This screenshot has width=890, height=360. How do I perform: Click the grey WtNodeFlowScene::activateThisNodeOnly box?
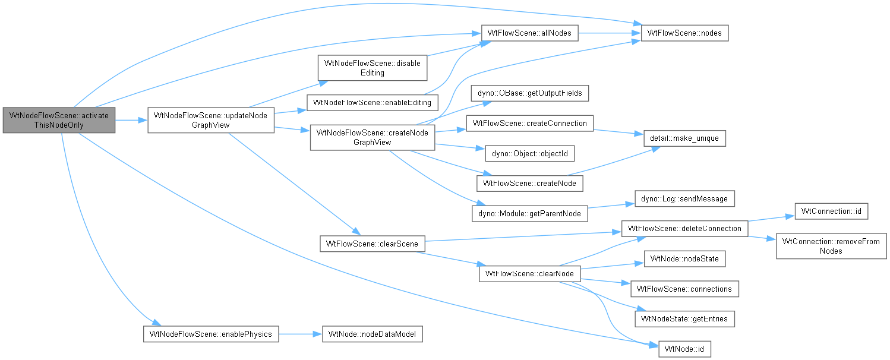[59, 120]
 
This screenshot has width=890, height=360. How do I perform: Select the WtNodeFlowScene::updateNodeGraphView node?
[210, 120]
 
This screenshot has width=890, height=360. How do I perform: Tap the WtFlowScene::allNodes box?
[529, 33]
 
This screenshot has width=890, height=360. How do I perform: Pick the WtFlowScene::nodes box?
[684, 33]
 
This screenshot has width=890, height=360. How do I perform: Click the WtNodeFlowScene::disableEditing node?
[373, 68]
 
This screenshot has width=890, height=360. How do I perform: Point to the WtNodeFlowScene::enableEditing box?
[373, 103]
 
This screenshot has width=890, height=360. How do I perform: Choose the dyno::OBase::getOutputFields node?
[529, 93]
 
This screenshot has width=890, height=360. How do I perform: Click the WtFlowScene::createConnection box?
[529, 123]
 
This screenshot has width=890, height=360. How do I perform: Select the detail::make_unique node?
[684, 138]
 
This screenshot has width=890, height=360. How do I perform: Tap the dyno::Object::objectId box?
[529, 153]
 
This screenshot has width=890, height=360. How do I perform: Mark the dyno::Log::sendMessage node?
[684, 198]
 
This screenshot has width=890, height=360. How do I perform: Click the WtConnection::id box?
[831, 211]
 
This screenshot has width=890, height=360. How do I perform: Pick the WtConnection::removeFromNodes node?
[831, 246]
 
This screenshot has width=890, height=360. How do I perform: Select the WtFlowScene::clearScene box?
[373, 244]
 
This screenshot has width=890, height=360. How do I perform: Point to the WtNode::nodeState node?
[684, 258]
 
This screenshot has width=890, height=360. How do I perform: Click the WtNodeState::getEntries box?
[684, 318]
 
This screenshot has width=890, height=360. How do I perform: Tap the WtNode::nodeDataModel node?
[373, 334]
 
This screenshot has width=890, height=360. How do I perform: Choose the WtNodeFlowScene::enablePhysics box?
[210, 334]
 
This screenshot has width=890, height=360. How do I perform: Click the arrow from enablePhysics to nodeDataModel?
[300, 334]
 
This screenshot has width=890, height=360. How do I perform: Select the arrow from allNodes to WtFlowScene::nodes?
[610, 33]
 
